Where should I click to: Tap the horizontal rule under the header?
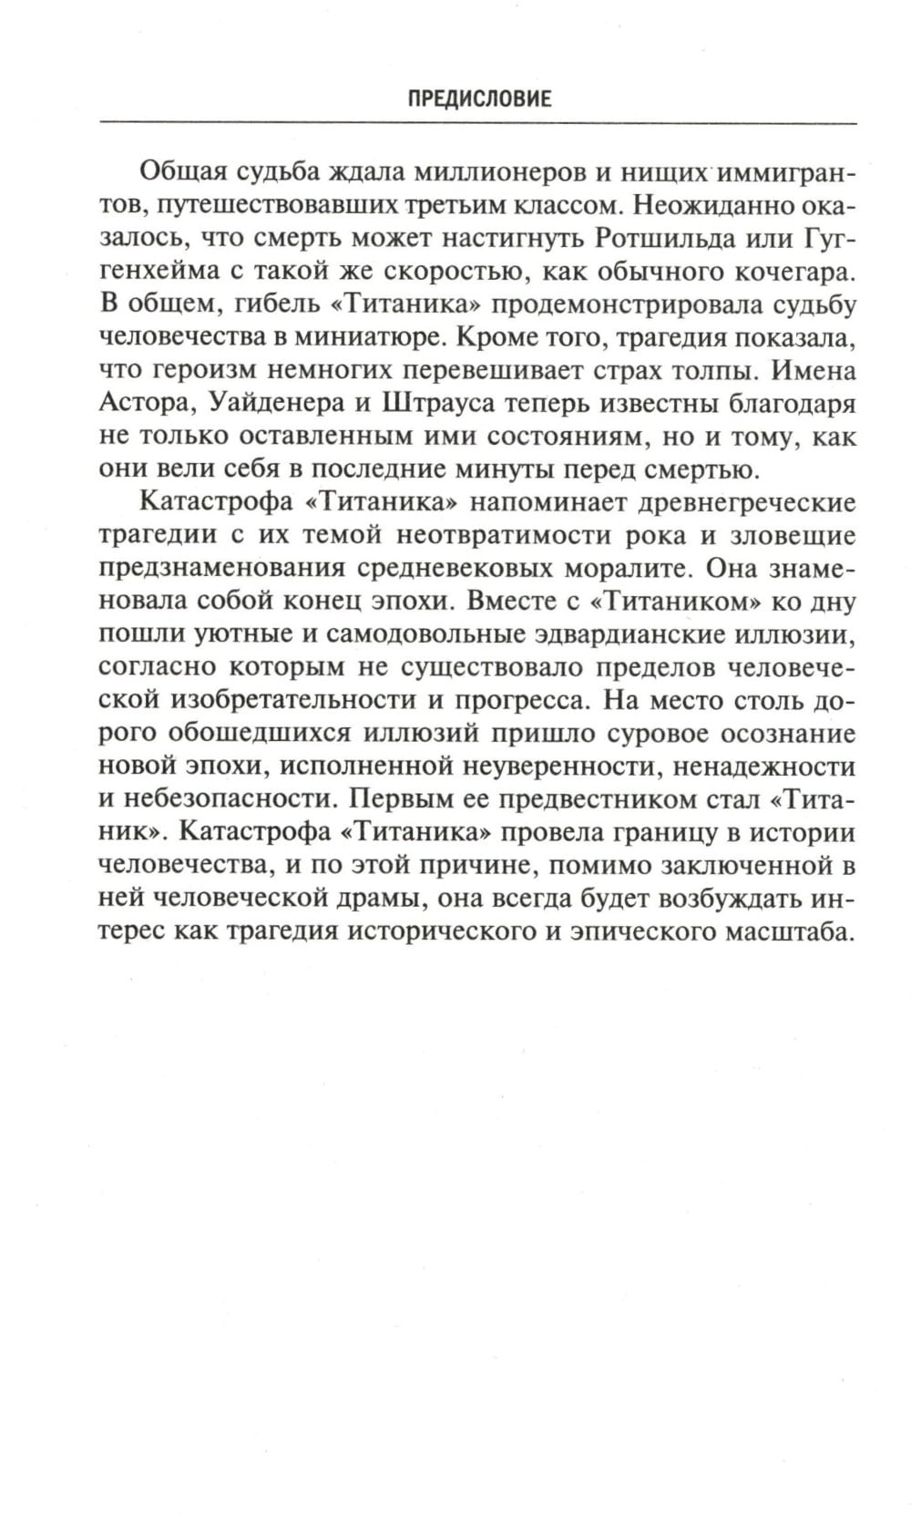point(477,122)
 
